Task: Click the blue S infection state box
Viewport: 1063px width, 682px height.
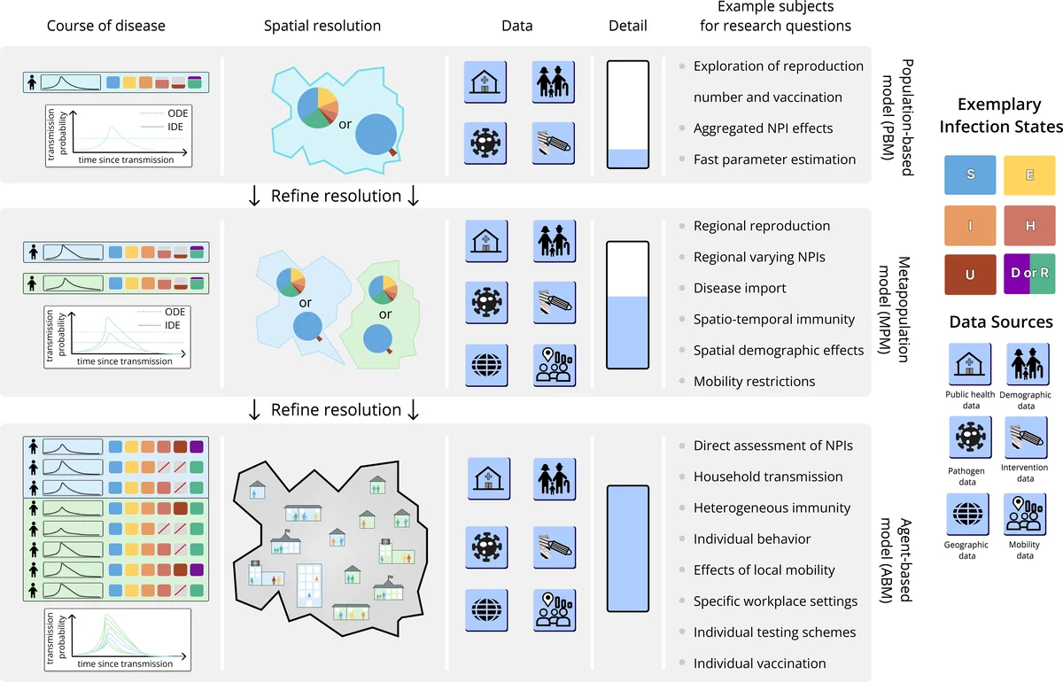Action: [970, 175]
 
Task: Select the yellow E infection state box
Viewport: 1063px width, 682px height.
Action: [1029, 175]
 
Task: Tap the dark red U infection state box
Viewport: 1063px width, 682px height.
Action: [970, 275]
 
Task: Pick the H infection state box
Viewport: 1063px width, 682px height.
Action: [1029, 226]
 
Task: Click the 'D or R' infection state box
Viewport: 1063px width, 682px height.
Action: [1029, 274]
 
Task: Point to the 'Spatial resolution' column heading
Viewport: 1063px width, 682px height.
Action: [322, 26]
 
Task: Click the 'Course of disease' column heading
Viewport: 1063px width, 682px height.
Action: [106, 26]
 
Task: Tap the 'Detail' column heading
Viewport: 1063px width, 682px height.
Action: [627, 26]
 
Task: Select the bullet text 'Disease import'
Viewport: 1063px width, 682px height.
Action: [740, 288]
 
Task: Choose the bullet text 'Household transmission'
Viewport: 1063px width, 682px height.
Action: [768, 477]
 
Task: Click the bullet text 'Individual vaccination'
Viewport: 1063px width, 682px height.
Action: [759, 663]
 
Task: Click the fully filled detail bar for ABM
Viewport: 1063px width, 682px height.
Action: [628, 548]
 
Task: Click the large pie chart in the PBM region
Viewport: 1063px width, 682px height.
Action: [317, 107]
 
